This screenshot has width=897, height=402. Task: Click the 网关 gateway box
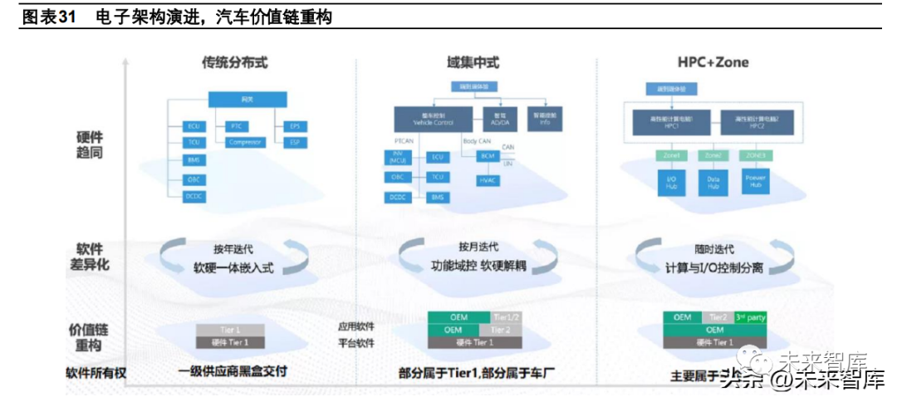[248, 100]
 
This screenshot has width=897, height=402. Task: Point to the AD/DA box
[500, 117]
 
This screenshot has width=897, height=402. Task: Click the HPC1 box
[667, 121]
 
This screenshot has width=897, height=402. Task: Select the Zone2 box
[712, 154]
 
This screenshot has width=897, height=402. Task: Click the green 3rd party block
[750, 317]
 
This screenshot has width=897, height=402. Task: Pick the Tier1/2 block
[506, 317]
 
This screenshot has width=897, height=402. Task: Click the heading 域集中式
[473, 63]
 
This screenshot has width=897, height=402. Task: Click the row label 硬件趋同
[90, 145]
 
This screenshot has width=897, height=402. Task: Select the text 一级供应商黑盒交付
[233, 371]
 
